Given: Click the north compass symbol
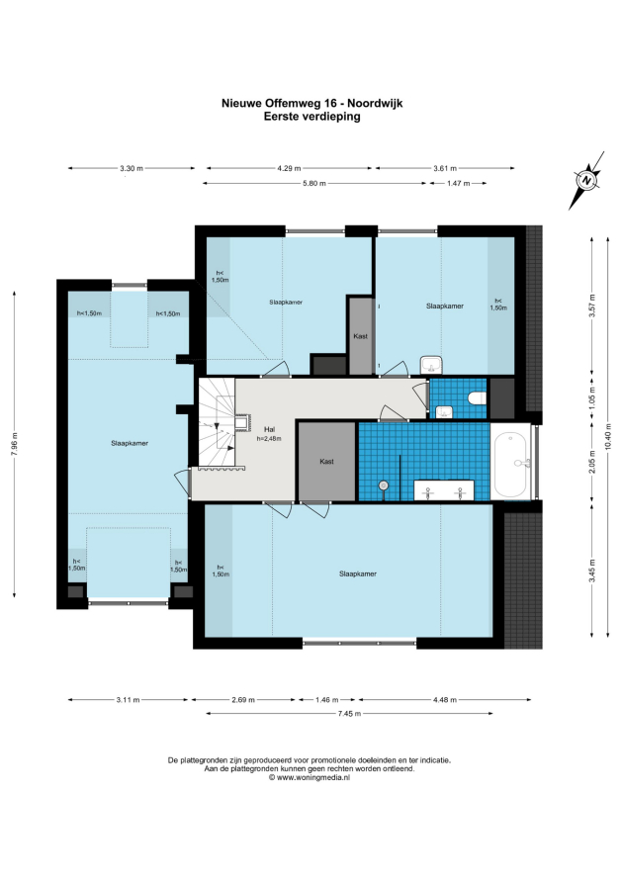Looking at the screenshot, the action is [x=587, y=180].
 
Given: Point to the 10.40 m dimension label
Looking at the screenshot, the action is [x=608, y=436].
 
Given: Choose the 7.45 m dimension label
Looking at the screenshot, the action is [x=349, y=713].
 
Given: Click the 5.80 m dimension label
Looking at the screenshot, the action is [x=314, y=183].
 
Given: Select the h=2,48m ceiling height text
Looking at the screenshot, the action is [x=269, y=438].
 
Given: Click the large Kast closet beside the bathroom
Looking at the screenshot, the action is [x=326, y=462].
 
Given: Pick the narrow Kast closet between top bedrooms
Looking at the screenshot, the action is [x=361, y=335].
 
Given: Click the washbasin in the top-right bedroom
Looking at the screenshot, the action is [x=432, y=365].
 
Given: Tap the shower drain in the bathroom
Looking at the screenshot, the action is [x=384, y=485].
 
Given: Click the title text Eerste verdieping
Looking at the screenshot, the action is [x=312, y=117].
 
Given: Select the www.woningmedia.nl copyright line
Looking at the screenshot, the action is [x=310, y=777].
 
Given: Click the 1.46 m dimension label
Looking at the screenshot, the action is [x=326, y=700].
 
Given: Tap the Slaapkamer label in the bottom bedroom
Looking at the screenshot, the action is [x=358, y=573].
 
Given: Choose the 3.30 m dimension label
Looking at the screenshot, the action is [x=132, y=168].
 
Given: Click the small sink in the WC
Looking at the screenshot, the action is [x=443, y=412].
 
